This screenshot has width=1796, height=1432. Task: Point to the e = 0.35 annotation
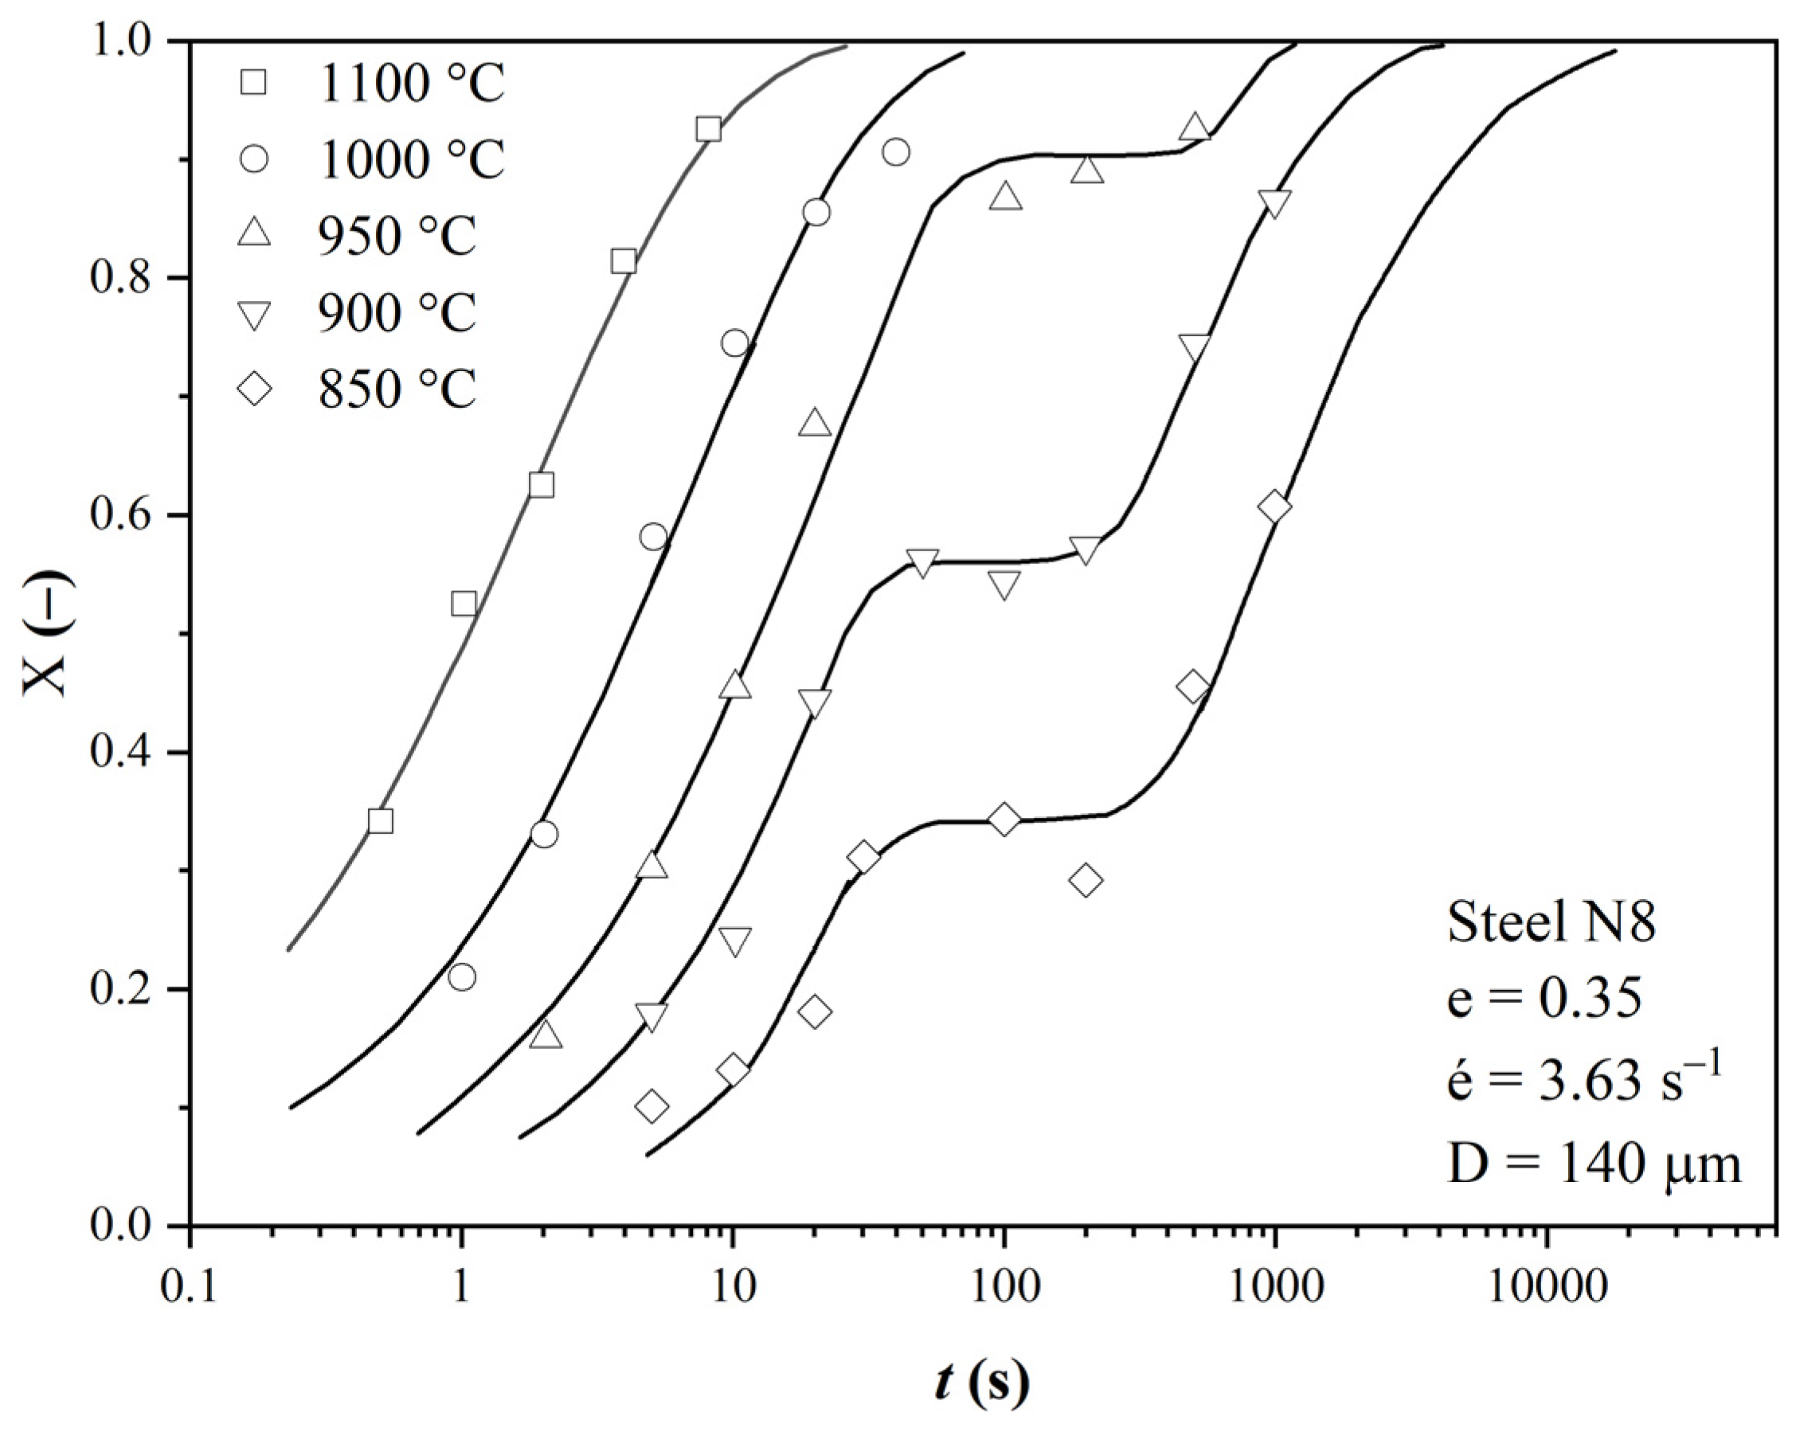click(1544, 999)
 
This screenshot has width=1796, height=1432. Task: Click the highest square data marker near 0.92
click(708, 129)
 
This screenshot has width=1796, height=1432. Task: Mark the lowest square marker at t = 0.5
click(380, 821)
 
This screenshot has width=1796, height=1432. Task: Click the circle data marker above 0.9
click(895, 152)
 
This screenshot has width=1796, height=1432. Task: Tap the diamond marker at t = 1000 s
click(1274, 507)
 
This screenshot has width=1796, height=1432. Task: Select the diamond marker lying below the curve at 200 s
click(1086, 881)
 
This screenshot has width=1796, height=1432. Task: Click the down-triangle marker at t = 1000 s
click(1274, 202)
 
